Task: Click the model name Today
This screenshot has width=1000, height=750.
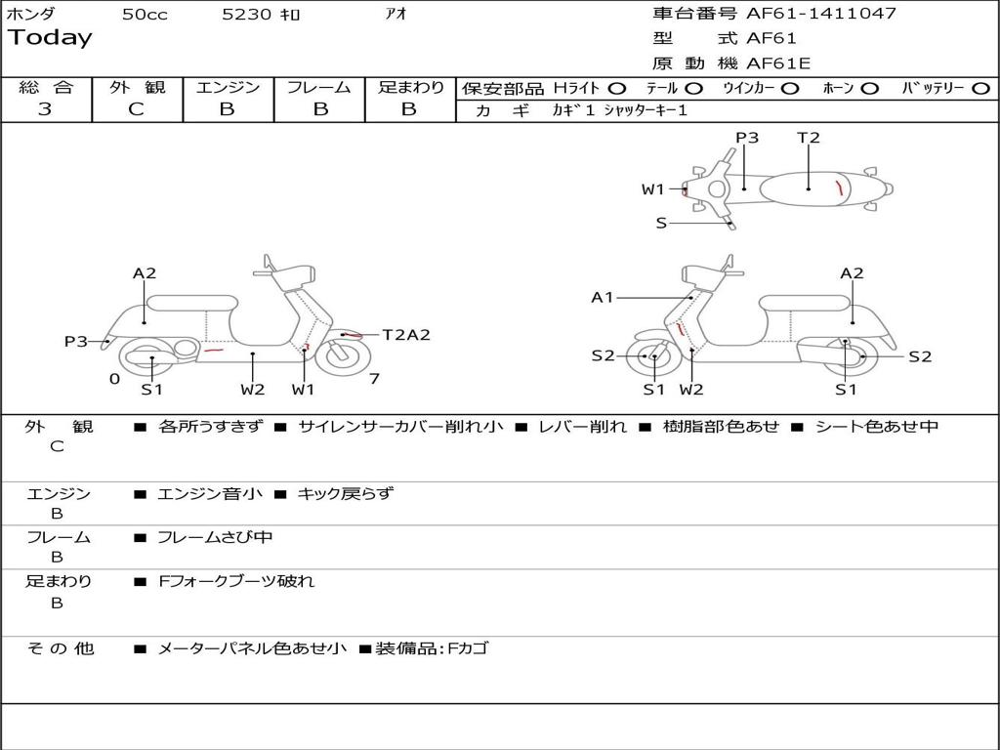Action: (x=50, y=38)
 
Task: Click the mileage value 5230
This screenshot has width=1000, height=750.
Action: (x=247, y=15)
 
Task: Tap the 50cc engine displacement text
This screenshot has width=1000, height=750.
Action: (x=145, y=15)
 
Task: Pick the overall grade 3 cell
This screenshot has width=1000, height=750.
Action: (x=45, y=109)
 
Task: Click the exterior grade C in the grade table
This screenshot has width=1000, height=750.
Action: (x=137, y=109)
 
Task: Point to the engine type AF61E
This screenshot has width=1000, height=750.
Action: (x=778, y=64)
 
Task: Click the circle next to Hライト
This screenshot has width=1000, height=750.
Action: (x=617, y=88)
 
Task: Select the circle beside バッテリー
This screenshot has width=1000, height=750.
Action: (x=981, y=88)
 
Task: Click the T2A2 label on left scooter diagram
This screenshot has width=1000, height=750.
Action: (x=405, y=335)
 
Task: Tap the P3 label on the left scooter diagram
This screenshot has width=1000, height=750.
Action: (x=76, y=341)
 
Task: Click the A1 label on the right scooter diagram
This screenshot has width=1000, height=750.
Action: (x=603, y=297)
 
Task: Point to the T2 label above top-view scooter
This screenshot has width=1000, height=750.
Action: (x=809, y=138)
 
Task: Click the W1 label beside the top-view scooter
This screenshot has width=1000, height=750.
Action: (x=653, y=189)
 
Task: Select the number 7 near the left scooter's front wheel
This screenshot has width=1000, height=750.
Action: (x=374, y=379)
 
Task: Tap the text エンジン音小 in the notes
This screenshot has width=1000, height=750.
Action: (x=210, y=494)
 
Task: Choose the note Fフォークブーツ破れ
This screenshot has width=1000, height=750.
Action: (x=236, y=581)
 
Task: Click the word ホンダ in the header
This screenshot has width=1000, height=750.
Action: (x=31, y=15)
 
